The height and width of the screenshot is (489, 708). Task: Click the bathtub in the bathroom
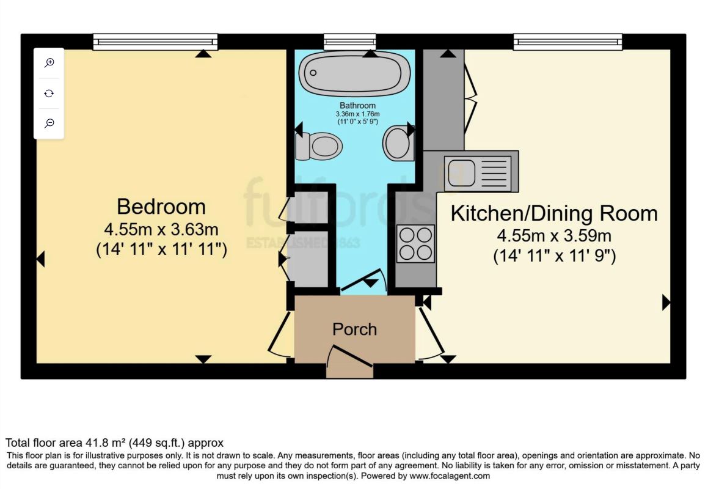[354, 73]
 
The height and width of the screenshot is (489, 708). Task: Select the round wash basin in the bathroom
[398, 143]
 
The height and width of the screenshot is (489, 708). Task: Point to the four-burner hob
[416, 243]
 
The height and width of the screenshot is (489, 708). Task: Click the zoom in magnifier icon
[49, 62]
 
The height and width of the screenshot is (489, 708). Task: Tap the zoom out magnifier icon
[49, 123]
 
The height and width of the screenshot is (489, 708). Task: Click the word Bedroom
[161, 207]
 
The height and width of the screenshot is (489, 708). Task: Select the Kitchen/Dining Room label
[554, 213]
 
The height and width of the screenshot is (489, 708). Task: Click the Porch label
[354, 329]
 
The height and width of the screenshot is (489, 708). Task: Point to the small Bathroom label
[358, 106]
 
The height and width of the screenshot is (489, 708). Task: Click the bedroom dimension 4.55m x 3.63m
[161, 230]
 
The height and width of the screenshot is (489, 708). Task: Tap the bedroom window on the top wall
[155, 42]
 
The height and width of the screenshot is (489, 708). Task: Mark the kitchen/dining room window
[567, 42]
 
